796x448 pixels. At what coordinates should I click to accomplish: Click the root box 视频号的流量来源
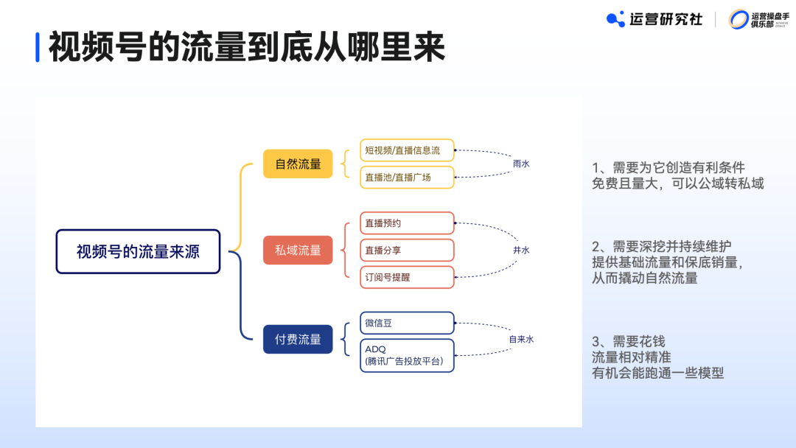[138, 251]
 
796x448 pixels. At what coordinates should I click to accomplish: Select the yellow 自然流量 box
[298, 164]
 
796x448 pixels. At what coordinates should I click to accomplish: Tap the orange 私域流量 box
[298, 251]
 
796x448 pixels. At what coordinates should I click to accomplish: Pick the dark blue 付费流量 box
[298, 339]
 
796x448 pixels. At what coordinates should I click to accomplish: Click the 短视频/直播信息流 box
[407, 150]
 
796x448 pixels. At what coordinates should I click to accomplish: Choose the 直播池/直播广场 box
[407, 177]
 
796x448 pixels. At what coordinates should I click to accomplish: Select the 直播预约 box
[407, 223]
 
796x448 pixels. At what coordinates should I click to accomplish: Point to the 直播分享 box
[407, 251]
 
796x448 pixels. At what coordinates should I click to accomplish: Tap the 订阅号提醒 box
[407, 277]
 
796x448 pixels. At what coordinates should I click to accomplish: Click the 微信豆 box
[407, 323]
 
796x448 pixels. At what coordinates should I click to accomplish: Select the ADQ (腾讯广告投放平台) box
[407, 355]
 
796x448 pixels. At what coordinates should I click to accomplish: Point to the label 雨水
[521, 164]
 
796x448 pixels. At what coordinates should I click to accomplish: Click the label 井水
[521, 251]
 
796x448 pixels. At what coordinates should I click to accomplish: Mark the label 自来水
[521, 339]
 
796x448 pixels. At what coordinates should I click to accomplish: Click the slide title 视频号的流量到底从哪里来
[247, 47]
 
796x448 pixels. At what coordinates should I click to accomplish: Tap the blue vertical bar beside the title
[38, 47]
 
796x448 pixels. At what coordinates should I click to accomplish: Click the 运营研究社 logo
[654, 19]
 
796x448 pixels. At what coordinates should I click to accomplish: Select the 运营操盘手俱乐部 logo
[758, 19]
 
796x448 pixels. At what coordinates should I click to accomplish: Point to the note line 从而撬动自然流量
[645, 278]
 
